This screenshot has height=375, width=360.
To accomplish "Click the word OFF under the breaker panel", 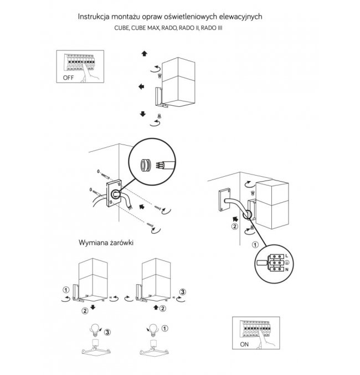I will [x=68, y=78].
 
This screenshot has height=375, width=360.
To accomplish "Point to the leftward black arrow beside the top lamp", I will [x=142, y=87].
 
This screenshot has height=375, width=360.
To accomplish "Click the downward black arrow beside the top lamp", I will [x=143, y=114].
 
